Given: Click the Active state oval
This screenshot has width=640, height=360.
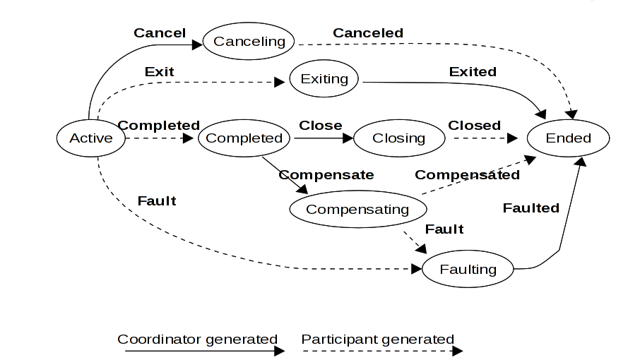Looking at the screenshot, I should tap(90, 138).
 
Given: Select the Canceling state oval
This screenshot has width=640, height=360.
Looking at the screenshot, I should tap(249, 41).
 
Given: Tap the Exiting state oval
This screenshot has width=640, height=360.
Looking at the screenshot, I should tap(324, 78).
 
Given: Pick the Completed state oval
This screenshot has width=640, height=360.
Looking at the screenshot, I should tap(244, 138).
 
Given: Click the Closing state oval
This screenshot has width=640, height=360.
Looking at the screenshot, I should tap(398, 138).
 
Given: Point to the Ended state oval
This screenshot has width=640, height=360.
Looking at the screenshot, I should tap(568, 138).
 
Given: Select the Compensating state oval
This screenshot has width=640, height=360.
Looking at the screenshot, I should tap(357, 209).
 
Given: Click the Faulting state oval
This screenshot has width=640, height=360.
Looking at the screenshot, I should tap(468, 269).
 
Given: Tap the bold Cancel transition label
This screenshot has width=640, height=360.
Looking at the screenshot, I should tap(160, 32).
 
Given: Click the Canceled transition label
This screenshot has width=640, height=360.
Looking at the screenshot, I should tap(368, 32).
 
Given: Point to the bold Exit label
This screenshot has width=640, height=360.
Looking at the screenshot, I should tap(159, 71).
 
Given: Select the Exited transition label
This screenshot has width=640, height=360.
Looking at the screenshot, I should tap(473, 71).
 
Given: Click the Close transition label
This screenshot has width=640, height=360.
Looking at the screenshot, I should tap(320, 125).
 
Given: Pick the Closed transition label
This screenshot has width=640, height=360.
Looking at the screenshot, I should tap(474, 125).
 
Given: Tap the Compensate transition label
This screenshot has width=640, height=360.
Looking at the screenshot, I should tap(326, 174).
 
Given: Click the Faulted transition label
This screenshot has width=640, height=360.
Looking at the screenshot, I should tap(531, 208).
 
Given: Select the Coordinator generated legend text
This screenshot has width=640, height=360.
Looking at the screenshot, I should tap(197, 340).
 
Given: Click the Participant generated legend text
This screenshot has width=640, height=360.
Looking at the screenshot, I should tap(377, 340).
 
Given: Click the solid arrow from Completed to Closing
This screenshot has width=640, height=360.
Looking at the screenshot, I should tap(321, 138).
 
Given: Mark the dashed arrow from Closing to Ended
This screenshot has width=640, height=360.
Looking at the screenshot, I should tap(485, 138).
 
